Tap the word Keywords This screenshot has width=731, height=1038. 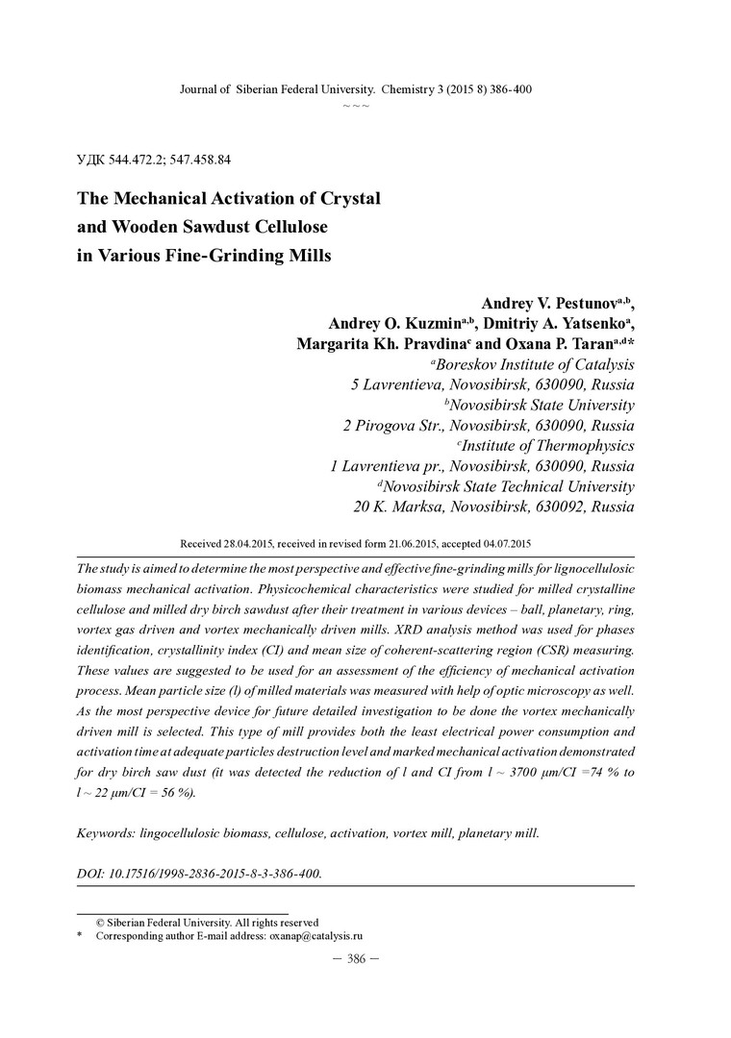click(x=105, y=833)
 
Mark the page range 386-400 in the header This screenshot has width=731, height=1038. click(x=509, y=89)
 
